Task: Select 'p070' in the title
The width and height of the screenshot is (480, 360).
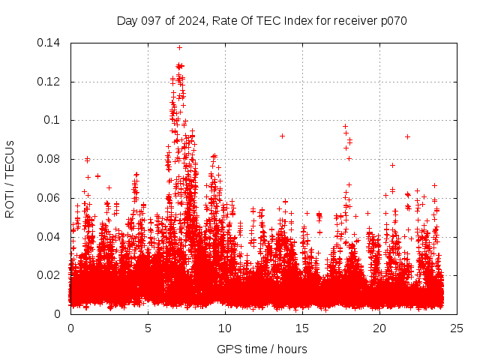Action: [392, 20]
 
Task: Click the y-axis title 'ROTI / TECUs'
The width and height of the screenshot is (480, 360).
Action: [10, 178]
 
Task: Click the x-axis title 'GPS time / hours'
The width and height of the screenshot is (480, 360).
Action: [262, 349]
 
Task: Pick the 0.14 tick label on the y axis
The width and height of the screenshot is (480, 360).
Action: [50, 43]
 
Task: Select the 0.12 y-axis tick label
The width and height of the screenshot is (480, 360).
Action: [50, 81]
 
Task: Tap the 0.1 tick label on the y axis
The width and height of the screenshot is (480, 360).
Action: [54, 120]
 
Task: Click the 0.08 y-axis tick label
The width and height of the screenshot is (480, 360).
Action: [50, 159]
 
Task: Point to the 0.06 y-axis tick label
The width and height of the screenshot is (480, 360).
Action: [50, 198]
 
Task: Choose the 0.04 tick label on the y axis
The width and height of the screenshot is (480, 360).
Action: [50, 236]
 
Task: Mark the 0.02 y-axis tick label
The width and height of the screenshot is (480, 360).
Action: [50, 275]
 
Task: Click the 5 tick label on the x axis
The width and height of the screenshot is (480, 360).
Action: [148, 328]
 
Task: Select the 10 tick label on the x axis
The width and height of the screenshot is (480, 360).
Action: [225, 328]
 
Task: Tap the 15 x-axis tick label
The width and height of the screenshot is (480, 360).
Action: [302, 328]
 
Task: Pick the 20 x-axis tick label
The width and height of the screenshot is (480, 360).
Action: [379, 328]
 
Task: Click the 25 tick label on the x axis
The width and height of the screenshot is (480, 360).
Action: [457, 328]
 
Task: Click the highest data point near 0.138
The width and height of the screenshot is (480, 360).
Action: [179, 47]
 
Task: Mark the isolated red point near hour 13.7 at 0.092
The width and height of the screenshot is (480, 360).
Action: [282, 136]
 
